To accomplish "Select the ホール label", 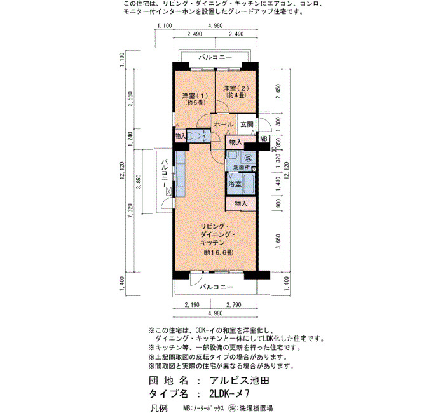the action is [x=224, y=125].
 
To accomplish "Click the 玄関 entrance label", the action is [x=247, y=125].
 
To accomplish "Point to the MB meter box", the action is [x=264, y=139].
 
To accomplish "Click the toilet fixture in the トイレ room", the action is [x=195, y=136].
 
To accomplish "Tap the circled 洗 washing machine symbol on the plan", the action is [x=249, y=158].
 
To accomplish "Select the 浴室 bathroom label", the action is [x=235, y=184].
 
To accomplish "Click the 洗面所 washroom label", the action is [x=241, y=167].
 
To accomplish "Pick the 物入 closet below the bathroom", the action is [x=241, y=203].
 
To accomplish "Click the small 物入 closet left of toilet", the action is [x=180, y=136].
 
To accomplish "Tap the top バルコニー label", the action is [x=215, y=58].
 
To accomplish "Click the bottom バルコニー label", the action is [x=216, y=287].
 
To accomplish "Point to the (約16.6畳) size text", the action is [x=218, y=252].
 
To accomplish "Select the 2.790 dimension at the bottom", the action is [x=233, y=304].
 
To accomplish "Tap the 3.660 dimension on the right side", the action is [x=278, y=241].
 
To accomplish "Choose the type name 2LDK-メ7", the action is [x=229, y=394].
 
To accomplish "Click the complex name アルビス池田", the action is [x=239, y=381].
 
